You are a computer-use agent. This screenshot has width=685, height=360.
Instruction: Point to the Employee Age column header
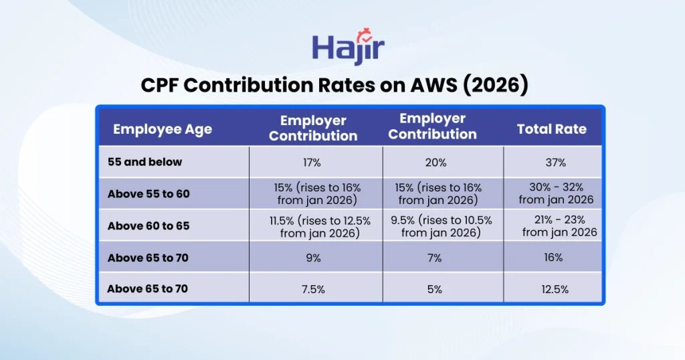163,129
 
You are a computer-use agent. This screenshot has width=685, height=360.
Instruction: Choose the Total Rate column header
552,129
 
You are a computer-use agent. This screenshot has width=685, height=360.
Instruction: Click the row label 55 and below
145,162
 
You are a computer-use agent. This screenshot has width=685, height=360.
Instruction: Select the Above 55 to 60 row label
149,194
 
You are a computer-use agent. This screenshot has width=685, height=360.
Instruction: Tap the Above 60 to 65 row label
149,226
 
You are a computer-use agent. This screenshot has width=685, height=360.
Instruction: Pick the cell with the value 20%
436,163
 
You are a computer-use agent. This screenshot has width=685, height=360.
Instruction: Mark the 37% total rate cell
555,163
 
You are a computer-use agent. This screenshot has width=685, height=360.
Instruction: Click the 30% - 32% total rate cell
556,194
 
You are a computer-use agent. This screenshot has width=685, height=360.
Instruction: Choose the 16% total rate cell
553,258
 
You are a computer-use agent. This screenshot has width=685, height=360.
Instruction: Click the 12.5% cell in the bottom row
555,289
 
